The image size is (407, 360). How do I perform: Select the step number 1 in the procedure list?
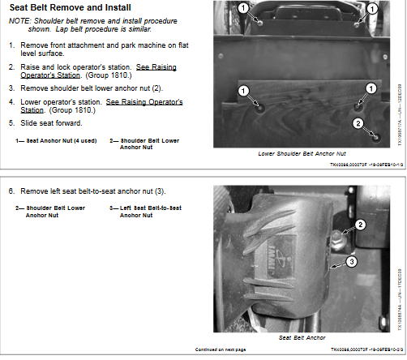coord(11,45)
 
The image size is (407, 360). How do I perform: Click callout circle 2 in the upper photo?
coord(358,123)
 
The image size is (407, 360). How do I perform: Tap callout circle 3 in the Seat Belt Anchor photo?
coord(351,261)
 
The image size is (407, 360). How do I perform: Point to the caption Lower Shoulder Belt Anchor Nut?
coord(302,153)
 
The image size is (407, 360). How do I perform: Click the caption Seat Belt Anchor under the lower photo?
coord(302,336)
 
